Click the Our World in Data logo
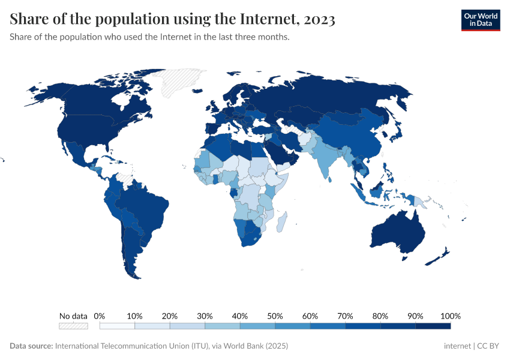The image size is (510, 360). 480,20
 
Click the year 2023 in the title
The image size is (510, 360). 319,20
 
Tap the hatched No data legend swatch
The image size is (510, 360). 73,326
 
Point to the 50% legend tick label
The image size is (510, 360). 275,316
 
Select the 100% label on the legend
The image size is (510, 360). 450,316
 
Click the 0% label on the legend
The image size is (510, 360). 100,316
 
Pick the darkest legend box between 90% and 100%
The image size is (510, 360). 433,326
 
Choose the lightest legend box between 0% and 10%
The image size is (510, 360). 117,326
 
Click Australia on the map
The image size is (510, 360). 398,232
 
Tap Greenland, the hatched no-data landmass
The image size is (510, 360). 183,82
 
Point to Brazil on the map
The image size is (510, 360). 147,210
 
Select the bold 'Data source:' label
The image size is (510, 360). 31,346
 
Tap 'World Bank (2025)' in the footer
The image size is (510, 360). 259,346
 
